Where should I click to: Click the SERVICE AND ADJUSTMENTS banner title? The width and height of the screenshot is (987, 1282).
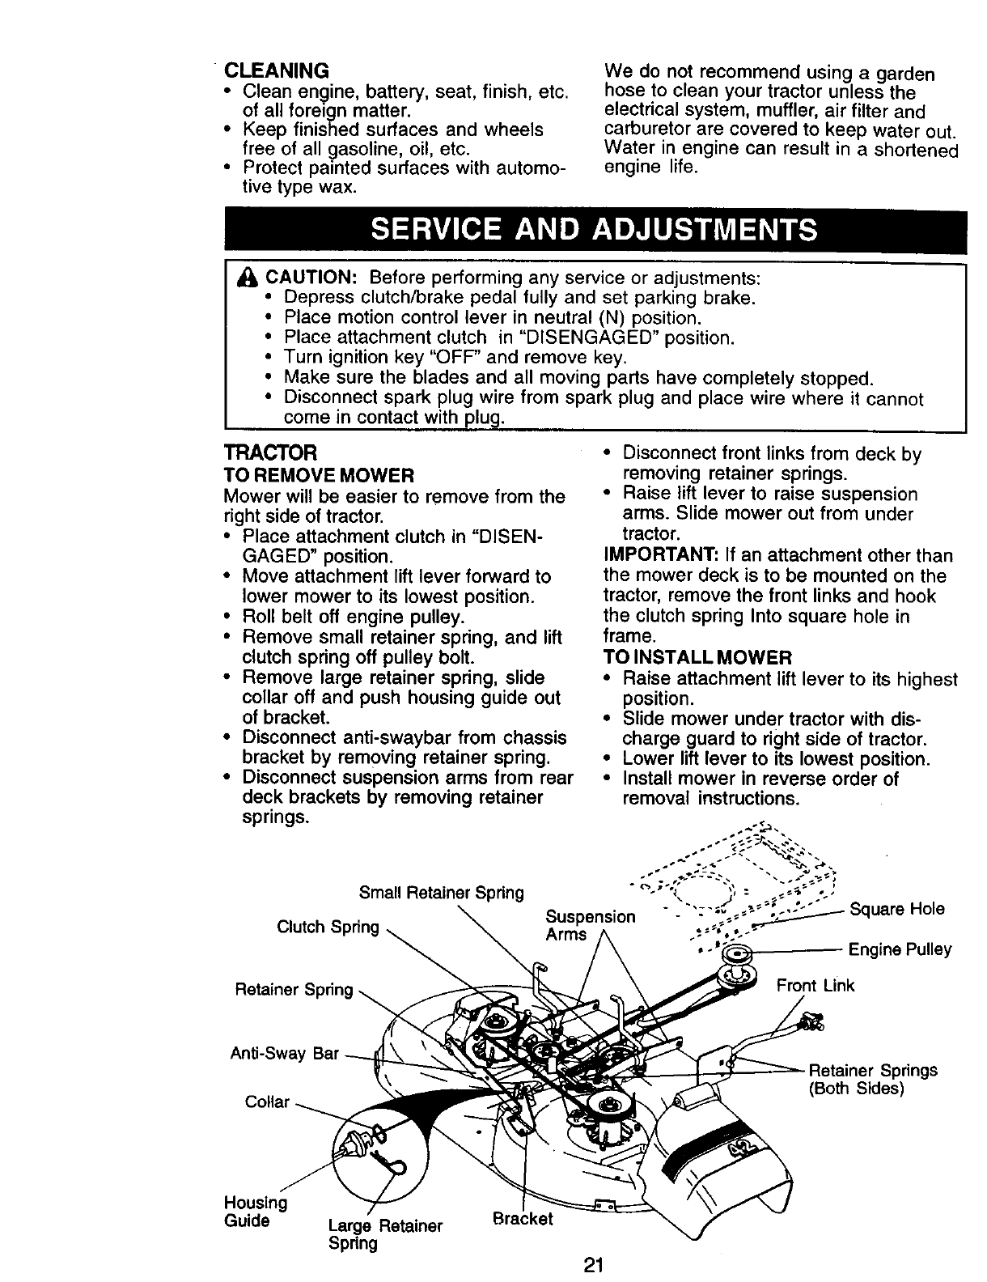click(593, 231)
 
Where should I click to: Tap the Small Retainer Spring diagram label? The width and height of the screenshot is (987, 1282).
click(441, 894)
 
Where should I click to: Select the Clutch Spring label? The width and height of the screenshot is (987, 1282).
click(328, 927)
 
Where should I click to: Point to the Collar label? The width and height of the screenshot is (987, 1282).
click(267, 1102)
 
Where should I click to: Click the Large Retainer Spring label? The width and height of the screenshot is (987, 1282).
click(385, 1234)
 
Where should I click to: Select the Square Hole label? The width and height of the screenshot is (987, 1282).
click(896, 909)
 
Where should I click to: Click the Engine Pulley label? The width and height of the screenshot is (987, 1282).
click(899, 949)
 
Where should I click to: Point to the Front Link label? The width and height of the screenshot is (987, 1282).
click(815, 986)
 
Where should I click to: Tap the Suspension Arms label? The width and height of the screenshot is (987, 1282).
click(590, 925)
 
